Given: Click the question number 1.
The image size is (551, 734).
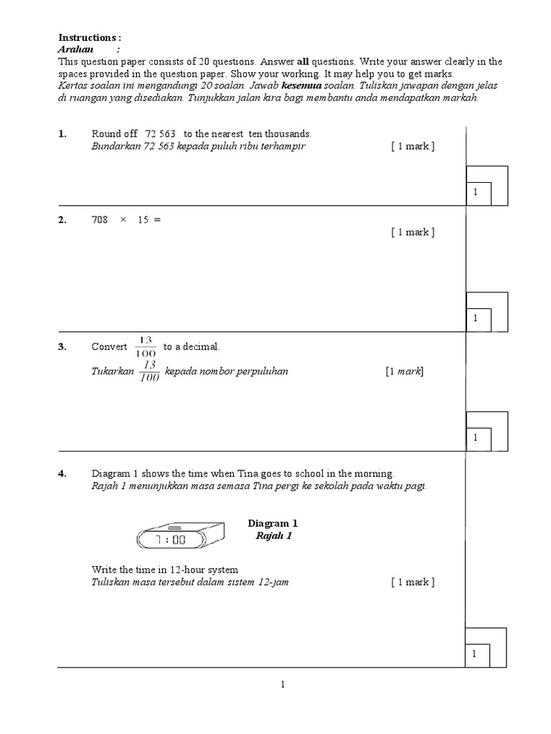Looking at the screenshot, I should (62, 134).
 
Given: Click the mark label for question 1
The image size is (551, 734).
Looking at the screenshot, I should (413, 146).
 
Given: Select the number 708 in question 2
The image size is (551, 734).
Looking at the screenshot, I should (99, 220).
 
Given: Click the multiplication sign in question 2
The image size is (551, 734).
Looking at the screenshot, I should (123, 220).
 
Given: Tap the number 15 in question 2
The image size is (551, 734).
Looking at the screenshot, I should (143, 220).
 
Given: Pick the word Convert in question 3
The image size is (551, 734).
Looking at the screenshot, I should (109, 347).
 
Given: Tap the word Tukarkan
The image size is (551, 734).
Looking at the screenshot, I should (112, 372).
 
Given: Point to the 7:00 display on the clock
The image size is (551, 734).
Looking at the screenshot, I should (171, 539).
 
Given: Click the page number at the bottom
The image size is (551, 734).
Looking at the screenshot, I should (283, 685).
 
